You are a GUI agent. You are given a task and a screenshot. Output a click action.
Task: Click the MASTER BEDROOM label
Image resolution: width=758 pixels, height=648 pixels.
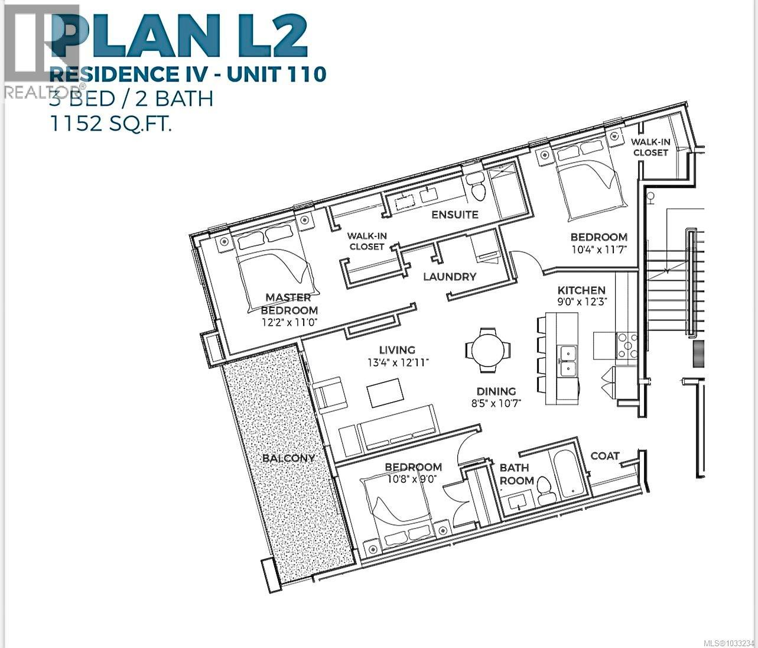(x=289, y=303)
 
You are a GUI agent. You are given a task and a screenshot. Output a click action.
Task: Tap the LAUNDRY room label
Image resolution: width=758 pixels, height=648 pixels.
(x=450, y=276)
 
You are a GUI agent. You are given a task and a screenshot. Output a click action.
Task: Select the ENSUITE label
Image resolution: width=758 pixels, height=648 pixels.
(x=454, y=214)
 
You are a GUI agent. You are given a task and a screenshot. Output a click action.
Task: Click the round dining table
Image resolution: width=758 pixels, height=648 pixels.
(x=488, y=350)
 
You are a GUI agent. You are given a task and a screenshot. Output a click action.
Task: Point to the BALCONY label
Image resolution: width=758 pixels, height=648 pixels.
(x=288, y=458)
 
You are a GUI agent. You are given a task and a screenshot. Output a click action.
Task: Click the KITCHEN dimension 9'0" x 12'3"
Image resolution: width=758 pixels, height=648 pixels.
(x=582, y=302)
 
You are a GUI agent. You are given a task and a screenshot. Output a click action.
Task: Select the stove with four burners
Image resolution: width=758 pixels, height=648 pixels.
(x=627, y=346)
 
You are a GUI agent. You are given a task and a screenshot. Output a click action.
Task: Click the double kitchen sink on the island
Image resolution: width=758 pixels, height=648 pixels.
(x=567, y=361)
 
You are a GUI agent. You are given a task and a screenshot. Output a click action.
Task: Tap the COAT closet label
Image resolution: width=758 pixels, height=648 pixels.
(x=604, y=456)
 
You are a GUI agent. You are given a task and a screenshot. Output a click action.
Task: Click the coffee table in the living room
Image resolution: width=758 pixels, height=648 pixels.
(x=385, y=393)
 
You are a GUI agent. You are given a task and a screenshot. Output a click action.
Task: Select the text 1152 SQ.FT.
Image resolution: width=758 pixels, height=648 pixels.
(x=111, y=124)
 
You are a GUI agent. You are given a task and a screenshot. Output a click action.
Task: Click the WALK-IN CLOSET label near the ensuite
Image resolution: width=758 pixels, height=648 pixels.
(x=367, y=241)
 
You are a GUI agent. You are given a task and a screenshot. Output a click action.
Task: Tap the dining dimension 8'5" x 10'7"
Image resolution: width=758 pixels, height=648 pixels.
(x=496, y=403)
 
